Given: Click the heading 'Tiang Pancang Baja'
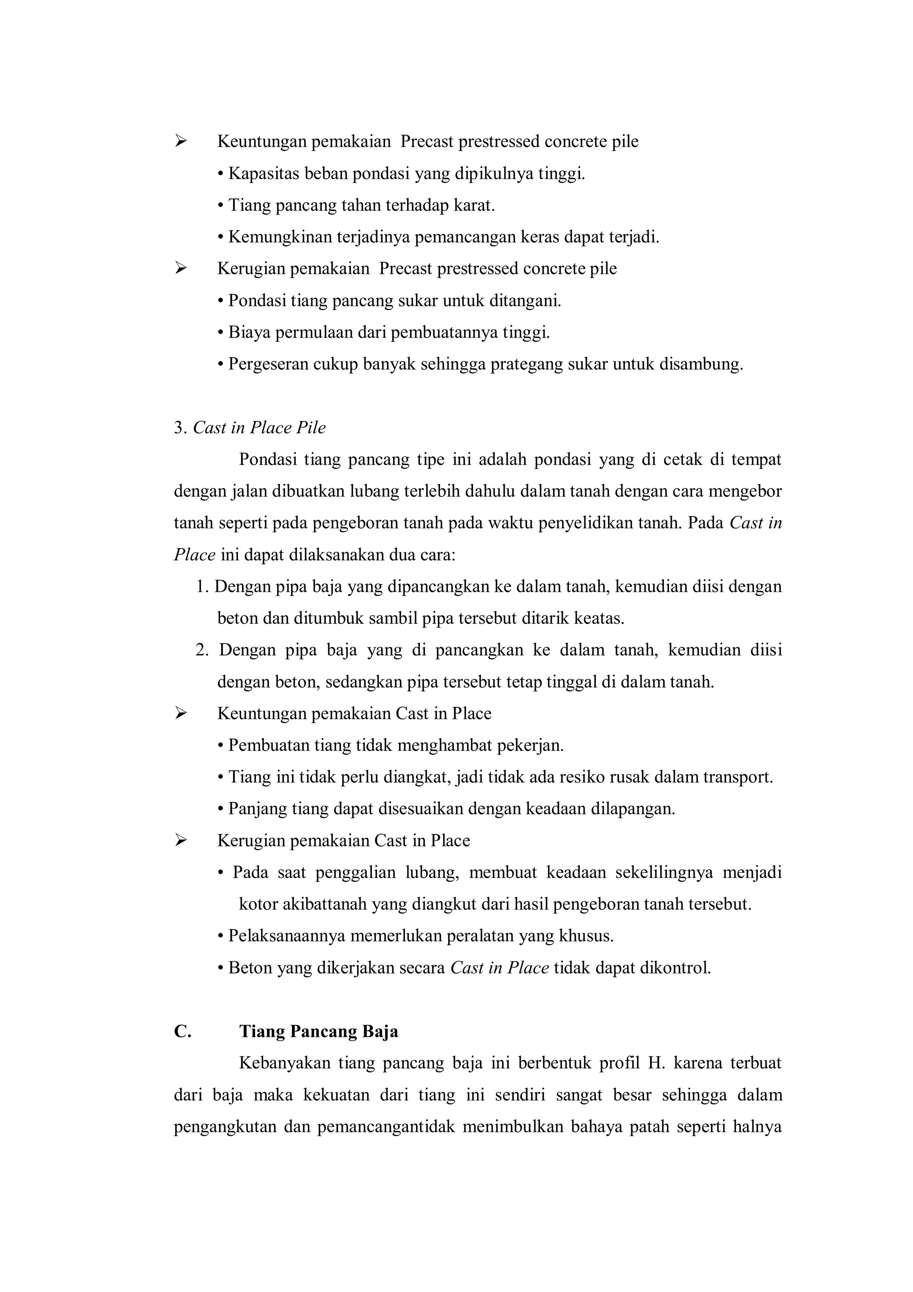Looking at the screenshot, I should [318, 1032].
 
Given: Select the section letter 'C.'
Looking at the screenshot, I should [182, 1032].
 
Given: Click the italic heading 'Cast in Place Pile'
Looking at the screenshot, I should [259, 428].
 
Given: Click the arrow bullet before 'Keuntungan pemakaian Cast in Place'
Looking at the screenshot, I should [180, 714].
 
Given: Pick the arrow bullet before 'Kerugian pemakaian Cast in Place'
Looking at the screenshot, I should [180, 841].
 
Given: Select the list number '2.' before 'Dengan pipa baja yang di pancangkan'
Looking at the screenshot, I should [202, 650].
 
